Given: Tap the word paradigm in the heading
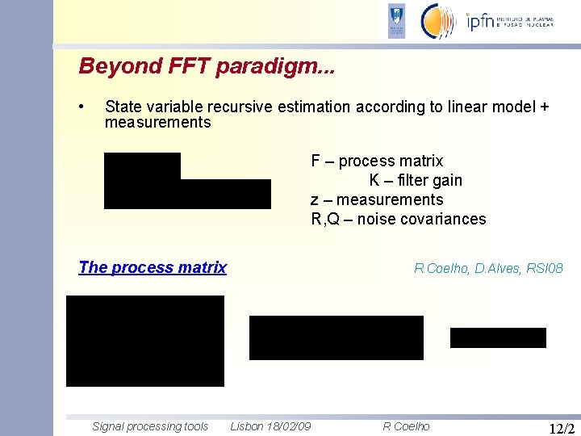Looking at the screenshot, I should (269, 67).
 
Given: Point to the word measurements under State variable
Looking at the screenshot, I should (157, 123).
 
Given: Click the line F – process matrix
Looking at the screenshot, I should (377, 161).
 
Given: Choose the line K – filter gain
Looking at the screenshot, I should (416, 180).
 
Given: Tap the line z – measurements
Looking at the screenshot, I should (377, 199).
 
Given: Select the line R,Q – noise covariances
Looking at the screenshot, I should (399, 219).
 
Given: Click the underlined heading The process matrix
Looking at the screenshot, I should (153, 267).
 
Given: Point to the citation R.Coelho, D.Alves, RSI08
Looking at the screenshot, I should (488, 268).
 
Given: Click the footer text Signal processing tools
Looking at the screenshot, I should (150, 426).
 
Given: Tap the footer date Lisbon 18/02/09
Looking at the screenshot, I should (271, 426).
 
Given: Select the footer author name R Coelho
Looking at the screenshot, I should (406, 426).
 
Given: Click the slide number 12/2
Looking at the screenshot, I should (561, 428).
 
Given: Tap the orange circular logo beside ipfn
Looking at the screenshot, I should (439, 21).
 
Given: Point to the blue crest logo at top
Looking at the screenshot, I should (396, 21).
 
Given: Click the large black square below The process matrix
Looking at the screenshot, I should (145, 341).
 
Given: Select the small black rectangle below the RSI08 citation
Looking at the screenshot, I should (498, 337).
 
